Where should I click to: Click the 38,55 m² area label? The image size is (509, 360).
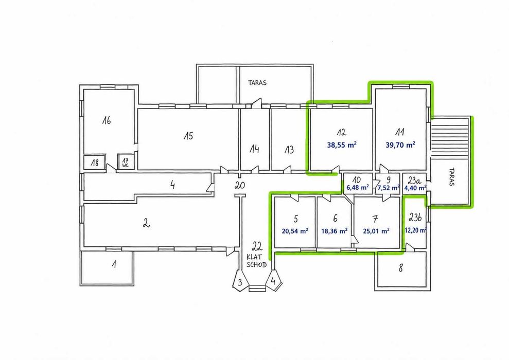(342, 145)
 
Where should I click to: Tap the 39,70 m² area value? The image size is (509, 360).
(400, 145)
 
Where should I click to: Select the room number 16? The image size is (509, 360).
(107, 121)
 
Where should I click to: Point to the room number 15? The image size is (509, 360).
(188, 136)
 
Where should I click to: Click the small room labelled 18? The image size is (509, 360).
(95, 162)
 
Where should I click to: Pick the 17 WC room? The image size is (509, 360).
(126, 162)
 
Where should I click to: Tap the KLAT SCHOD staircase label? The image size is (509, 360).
(256, 260)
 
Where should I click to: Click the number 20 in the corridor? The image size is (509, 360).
(240, 186)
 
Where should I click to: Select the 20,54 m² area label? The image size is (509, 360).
(295, 231)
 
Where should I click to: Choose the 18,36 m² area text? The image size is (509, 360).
(335, 231)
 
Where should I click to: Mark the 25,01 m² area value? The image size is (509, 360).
(376, 231)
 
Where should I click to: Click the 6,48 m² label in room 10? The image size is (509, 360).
(358, 188)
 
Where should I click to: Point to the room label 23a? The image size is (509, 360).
(414, 181)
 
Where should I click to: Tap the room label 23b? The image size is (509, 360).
(415, 218)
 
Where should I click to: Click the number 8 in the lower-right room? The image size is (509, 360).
(401, 268)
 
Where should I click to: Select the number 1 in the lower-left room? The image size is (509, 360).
(114, 264)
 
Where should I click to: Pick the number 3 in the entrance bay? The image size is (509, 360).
(239, 282)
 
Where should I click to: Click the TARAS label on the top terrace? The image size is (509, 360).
(257, 83)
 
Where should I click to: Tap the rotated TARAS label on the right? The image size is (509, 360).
(451, 177)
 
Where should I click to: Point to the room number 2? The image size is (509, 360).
(146, 223)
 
